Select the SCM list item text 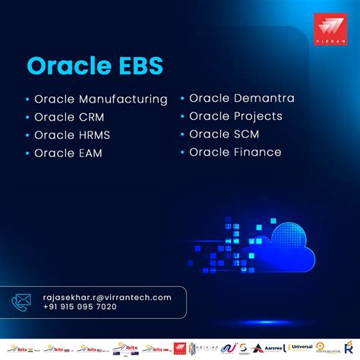[x=245, y=134]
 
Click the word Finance [x=256, y=153]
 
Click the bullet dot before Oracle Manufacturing [x=28, y=99]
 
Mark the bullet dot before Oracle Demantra [x=183, y=99]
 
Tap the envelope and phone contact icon [x=21, y=302]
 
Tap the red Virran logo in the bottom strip [x=180, y=348]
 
